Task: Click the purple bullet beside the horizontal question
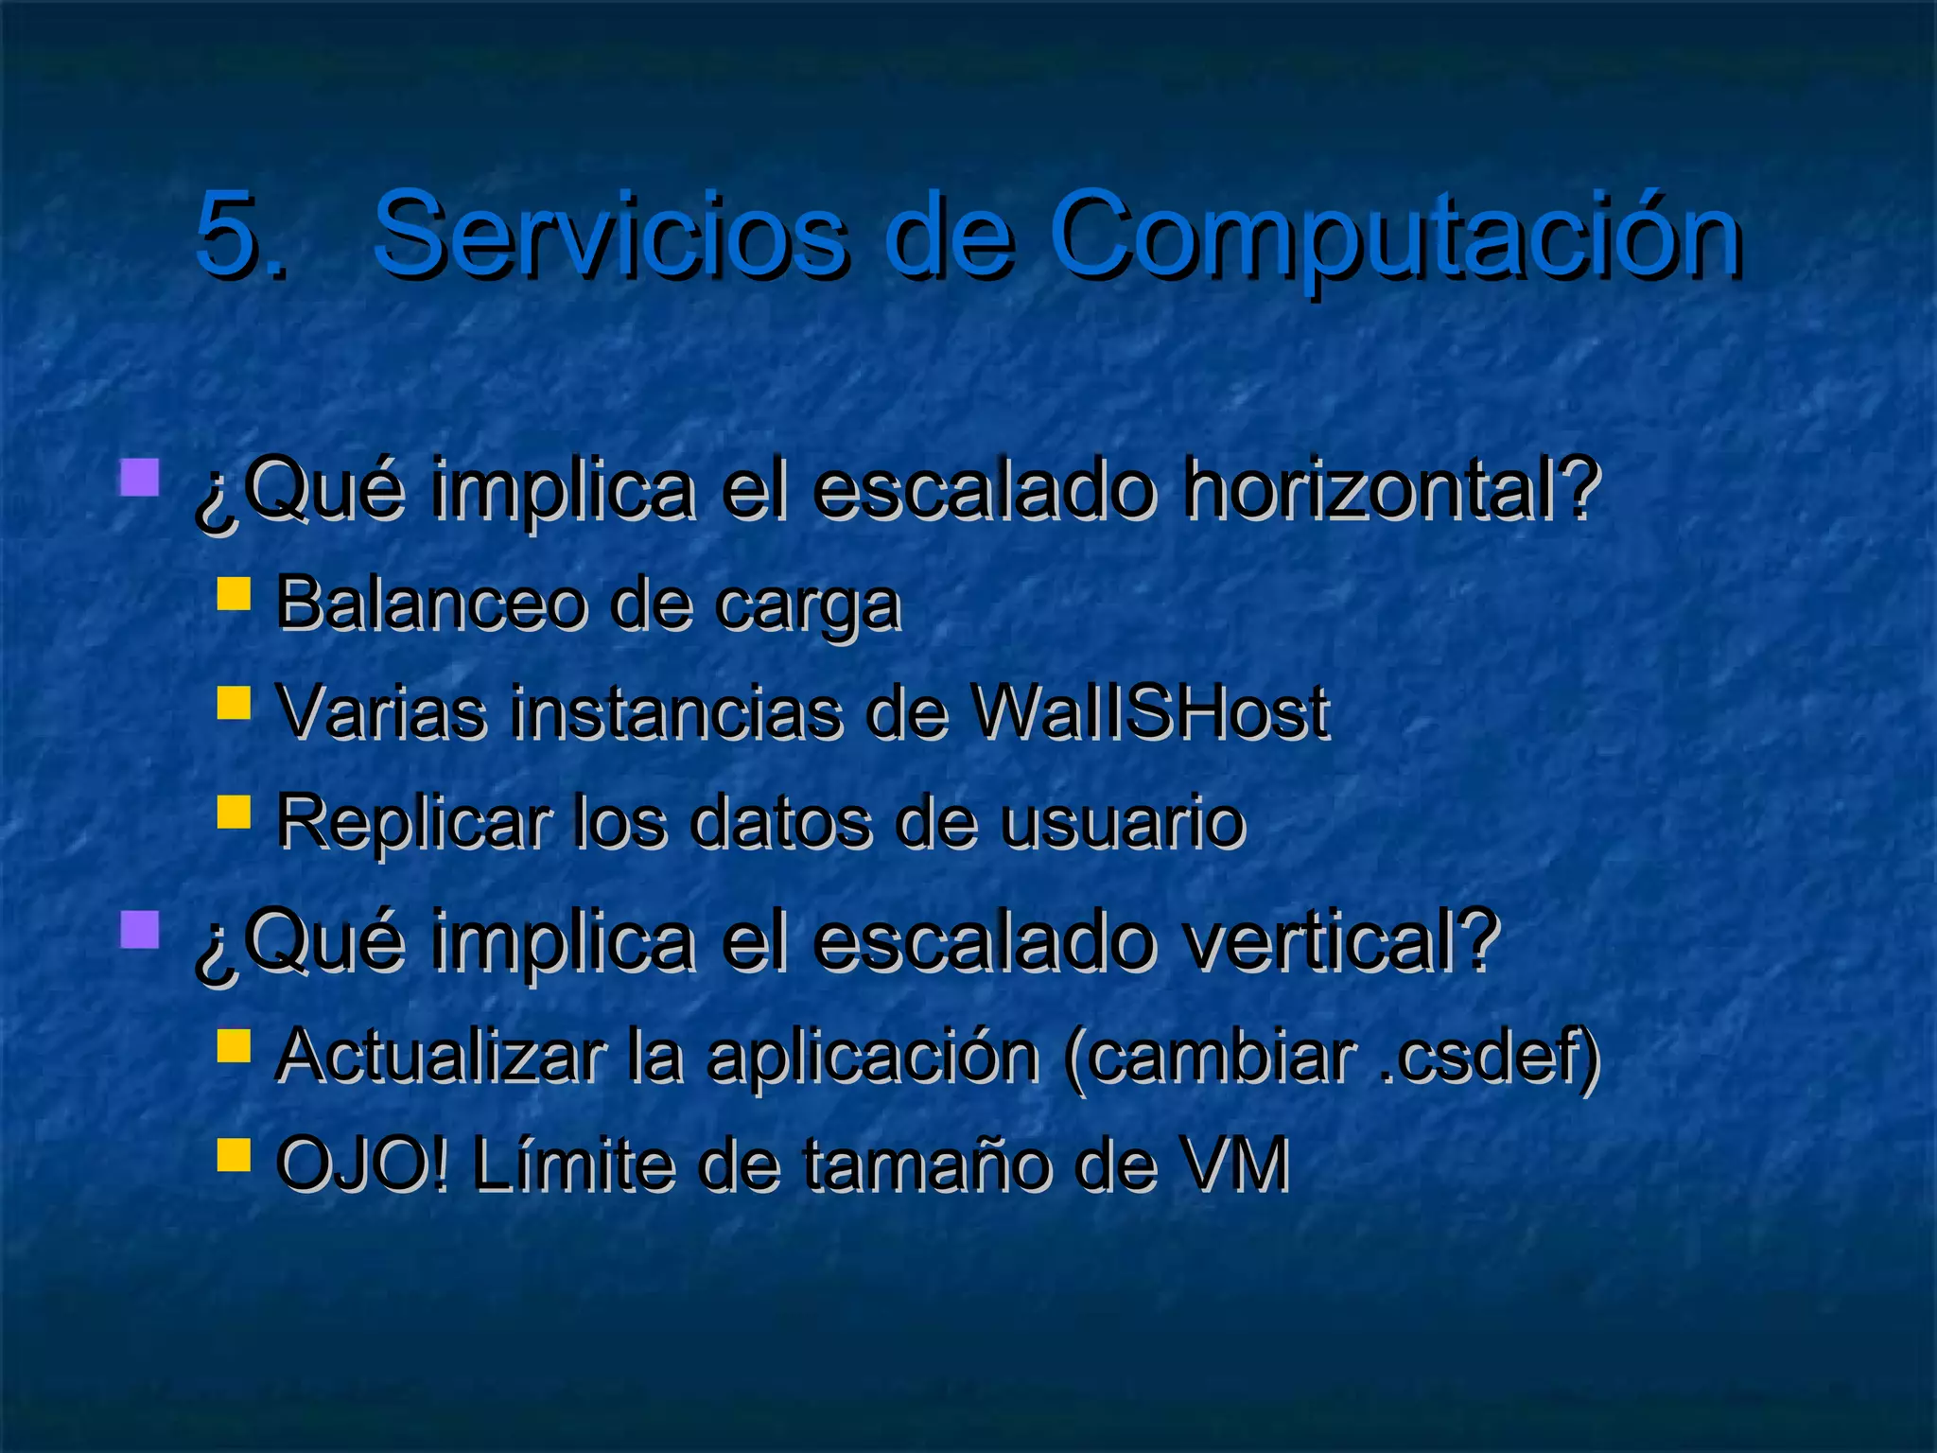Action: click(x=139, y=478)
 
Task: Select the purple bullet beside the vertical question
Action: click(x=139, y=929)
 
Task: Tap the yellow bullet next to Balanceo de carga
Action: click(x=234, y=595)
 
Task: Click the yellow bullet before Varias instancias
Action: click(x=234, y=703)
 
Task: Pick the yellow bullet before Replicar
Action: click(x=234, y=812)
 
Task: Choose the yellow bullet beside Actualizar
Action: click(x=234, y=1045)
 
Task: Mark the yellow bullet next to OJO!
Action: click(x=234, y=1154)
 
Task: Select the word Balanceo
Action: click(x=430, y=604)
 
